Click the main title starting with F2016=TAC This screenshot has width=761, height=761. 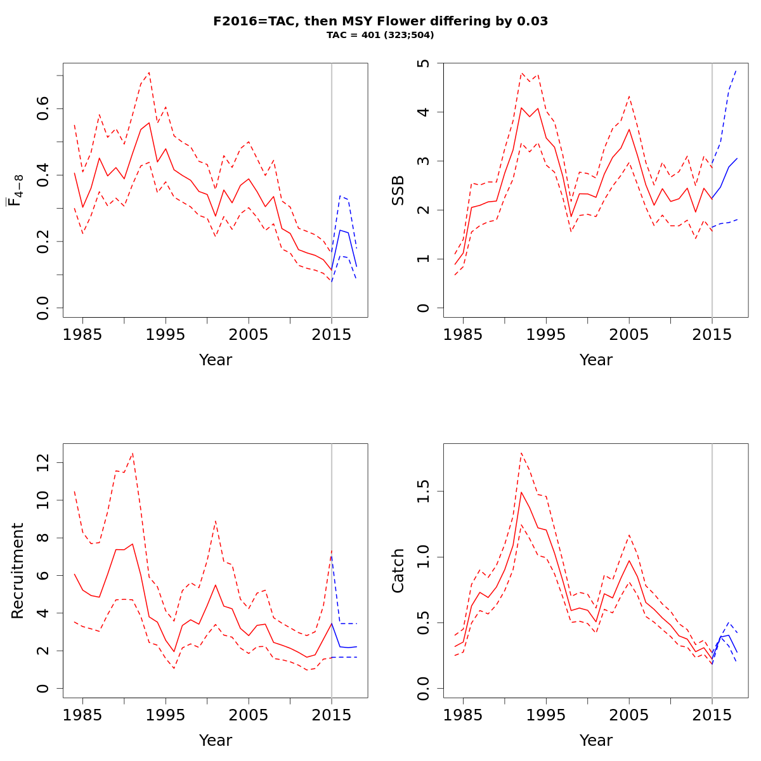pos(380,21)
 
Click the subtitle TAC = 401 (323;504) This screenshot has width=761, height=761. pos(380,36)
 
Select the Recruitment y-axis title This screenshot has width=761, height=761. pos(18,571)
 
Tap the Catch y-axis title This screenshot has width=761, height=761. pos(398,571)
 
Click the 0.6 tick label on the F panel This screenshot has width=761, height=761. pos(43,108)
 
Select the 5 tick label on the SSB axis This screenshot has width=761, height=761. pos(424,63)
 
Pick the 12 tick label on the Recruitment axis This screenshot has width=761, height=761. pos(43,463)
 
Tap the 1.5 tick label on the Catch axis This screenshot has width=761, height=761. pos(424,491)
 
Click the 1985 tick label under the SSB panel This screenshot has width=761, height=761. pos(464,335)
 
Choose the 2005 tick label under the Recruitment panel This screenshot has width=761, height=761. pos(248,715)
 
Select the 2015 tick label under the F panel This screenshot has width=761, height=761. pos(331,335)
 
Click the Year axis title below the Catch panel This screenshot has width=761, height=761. pos(596,740)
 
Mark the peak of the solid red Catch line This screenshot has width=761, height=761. pos(521,491)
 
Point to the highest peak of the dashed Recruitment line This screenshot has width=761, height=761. pos(132,453)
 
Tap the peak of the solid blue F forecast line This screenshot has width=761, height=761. pos(340,230)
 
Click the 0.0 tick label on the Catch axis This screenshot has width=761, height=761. pos(424,688)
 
